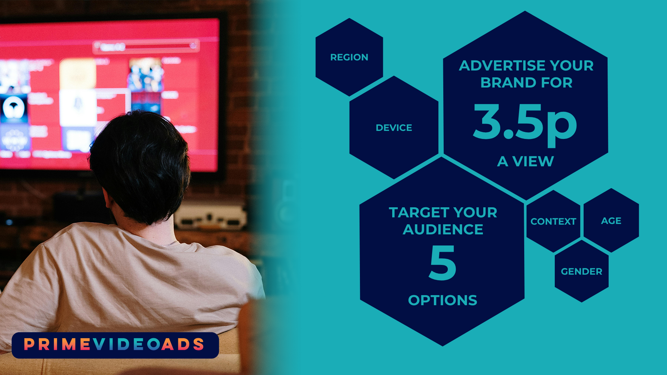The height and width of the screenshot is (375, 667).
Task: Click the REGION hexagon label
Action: (349, 57)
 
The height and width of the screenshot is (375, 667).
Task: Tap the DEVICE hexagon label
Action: (394, 128)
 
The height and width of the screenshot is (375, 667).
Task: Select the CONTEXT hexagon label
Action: (553, 222)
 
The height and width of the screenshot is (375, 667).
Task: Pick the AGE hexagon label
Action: (611, 221)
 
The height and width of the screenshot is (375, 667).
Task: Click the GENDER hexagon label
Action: (582, 272)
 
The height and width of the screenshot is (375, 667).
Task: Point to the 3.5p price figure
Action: (525, 123)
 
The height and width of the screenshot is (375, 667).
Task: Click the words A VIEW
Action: (526, 161)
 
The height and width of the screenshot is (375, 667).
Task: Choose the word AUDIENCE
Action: (443, 230)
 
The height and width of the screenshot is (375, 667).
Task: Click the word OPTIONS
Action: (443, 300)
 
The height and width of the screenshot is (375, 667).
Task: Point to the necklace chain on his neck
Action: (169, 244)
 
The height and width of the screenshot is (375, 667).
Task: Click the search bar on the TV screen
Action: (146, 46)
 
